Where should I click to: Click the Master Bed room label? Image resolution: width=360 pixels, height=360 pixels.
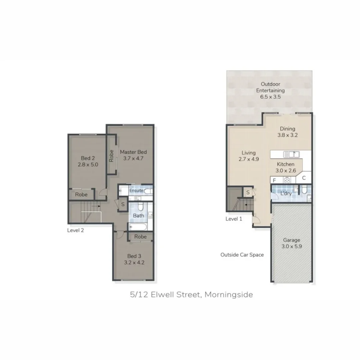point(133,152)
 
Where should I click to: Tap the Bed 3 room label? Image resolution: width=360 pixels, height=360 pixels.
point(132,256)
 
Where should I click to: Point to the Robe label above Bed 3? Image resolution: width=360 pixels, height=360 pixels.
point(140,237)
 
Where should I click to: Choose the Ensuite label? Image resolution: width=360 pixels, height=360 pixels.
point(136,191)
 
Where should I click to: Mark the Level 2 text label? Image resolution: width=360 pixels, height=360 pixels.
point(75,230)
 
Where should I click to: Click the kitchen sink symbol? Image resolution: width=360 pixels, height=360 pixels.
point(291,154)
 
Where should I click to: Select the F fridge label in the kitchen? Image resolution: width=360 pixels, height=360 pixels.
point(274,180)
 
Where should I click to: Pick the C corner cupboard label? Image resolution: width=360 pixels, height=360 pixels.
point(304,178)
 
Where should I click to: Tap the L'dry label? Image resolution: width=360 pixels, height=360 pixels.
point(286,193)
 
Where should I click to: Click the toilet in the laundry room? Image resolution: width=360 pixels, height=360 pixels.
point(304,190)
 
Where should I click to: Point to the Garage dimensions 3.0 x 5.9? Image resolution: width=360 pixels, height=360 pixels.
point(292,246)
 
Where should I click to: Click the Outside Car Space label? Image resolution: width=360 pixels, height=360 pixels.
point(242,255)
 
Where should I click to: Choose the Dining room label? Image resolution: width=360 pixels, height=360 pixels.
point(287,129)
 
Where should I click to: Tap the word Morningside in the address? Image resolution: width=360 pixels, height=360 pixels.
point(229,295)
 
